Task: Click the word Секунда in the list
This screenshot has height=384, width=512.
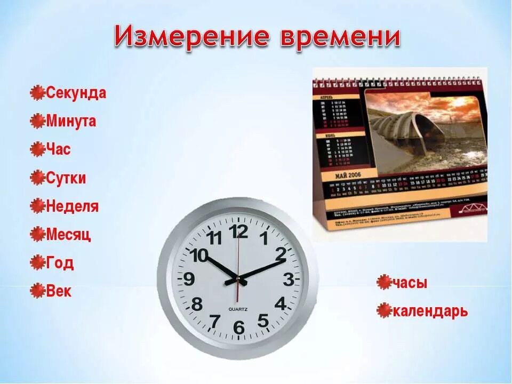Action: pyautogui.click(x=76, y=93)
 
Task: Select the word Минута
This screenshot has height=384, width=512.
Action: pyautogui.click(x=71, y=121)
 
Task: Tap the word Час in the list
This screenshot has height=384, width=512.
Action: pyautogui.click(x=58, y=149)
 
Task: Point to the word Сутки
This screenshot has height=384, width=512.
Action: pyautogui.click(x=66, y=178)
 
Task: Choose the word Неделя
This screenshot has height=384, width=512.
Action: pyautogui.click(x=72, y=206)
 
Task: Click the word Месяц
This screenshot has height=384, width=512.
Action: pyautogui.click(x=68, y=234)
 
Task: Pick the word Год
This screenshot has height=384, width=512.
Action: pyautogui.click(x=60, y=262)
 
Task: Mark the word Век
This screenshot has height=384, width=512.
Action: pyautogui.click(x=59, y=291)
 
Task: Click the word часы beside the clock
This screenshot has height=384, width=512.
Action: pyautogui.click(x=410, y=283)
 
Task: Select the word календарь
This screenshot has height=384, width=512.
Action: pyautogui.click(x=430, y=310)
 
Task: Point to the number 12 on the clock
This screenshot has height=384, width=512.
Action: pyautogui.click(x=238, y=231)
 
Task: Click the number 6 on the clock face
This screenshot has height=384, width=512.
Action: pyautogui.click(x=238, y=327)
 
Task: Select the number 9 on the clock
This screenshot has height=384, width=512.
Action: pyautogui.click(x=189, y=279)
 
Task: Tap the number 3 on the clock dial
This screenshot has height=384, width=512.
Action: pyautogui.click(x=288, y=279)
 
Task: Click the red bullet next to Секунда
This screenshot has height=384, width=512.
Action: pyautogui.click(x=37, y=93)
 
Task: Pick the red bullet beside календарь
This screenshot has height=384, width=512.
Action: pyautogui.click(x=384, y=310)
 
